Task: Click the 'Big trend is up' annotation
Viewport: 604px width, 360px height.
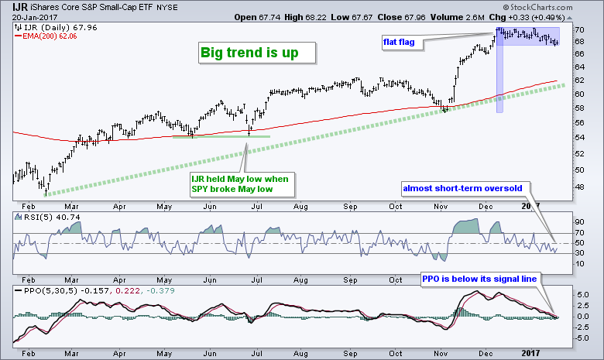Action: coord(255,53)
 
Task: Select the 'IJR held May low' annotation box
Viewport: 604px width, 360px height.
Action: coord(240,184)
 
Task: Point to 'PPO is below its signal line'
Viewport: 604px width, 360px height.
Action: coord(479,277)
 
